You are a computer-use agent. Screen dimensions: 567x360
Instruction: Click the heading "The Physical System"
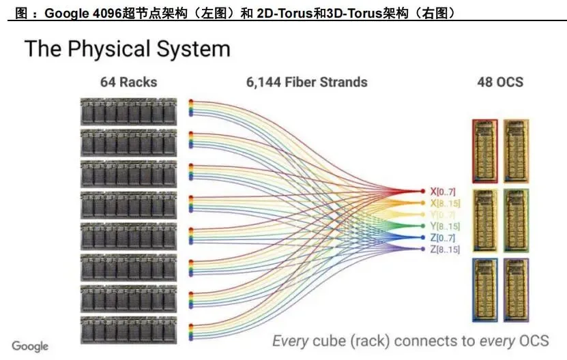pyautogui.click(x=127, y=48)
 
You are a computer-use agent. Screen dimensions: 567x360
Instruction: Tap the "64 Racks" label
pyautogui.click(x=128, y=82)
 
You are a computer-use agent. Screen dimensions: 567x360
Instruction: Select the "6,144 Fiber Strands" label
pyautogui.click(x=306, y=82)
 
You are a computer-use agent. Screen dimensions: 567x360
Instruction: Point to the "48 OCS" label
pyautogui.click(x=500, y=82)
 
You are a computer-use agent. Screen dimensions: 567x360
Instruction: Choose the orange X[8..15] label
pyautogui.click(x=446, y=203)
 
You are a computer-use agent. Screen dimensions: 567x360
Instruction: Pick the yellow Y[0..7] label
pyautogui.click(x=444, y=215)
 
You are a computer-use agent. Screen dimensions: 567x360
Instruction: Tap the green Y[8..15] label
pyautogui.click(x=446, y=226)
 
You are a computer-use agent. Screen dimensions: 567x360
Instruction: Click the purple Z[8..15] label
pyautogui.click(x=446, y=250)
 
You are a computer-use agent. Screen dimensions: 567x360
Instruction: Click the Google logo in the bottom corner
pyautogui.click(x=30, y=346)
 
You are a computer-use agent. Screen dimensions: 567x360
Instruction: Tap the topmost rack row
pyautogui.click(x=128, y=111)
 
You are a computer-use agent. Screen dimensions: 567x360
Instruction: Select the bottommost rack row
pyautogui.click(x=128, y=330)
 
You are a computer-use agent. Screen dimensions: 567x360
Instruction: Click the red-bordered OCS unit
pyautogui.click(x=485, y=150)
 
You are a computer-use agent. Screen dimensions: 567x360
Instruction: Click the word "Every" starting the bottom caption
pyautogui.click(x=291, y=340)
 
